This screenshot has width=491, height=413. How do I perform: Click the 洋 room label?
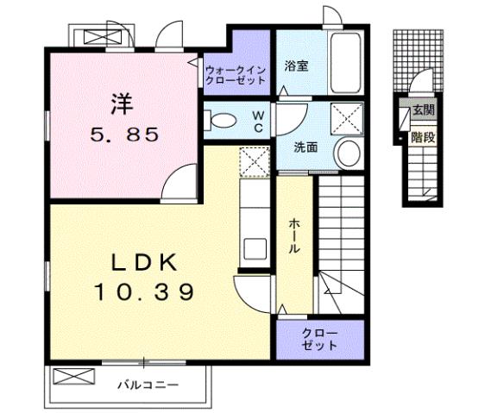pyautogui.click(x=121, y=103)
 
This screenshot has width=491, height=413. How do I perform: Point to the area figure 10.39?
pyautogui.click(x=143, y=292)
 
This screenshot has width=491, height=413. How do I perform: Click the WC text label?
pyautogui.click(x=257, y=120)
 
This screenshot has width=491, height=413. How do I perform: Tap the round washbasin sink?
pyautogui.click(x=348, y=153)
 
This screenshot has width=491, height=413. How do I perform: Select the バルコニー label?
pyautogui.click(x=148, y=385)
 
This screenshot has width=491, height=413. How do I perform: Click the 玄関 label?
pyautogui.click(x=422, y=110)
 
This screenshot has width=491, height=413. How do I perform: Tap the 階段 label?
pyautogui.click(x=422, y=136)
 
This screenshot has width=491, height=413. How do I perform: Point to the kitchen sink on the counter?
pyautogui.click(x=255, y=247)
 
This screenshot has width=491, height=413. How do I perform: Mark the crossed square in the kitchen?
pyautogui.click(x=255, y=160)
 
